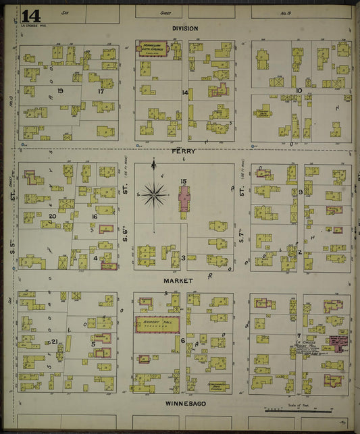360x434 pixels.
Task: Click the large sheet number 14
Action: (31, 16)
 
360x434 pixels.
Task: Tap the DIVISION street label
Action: (184, 28)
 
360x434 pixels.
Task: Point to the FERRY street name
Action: (184, 152)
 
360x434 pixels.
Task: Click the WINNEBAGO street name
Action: (185, 403)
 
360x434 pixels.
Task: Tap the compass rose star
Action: (154, 195)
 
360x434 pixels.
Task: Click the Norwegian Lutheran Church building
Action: (155, 49)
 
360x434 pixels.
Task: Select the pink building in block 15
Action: (184, 199)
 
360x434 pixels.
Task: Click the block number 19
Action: (60, 90)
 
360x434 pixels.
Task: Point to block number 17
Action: (101, 90)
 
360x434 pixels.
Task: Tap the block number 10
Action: (298, 90)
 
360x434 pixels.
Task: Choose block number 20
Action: (52, 216)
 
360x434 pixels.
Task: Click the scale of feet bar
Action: (297, 410)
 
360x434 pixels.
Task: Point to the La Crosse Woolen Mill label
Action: (308, 346)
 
